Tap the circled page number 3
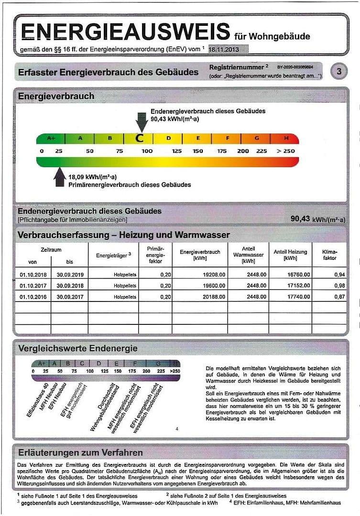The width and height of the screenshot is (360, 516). click(339, 72)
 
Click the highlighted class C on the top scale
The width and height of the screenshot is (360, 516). click(140, 139)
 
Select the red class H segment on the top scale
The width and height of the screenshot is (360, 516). click(286, 139)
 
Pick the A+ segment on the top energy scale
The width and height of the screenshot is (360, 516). click(51, 139)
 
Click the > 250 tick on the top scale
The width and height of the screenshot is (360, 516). click(286, 151)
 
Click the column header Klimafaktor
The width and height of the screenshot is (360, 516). click(329, 255)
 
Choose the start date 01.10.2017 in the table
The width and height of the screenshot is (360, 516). click(33, 286)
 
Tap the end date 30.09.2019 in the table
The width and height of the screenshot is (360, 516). click(70, 274)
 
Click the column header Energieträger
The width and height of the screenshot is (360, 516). click(113, 255)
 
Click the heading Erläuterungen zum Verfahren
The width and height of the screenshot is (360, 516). click(80, 452)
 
